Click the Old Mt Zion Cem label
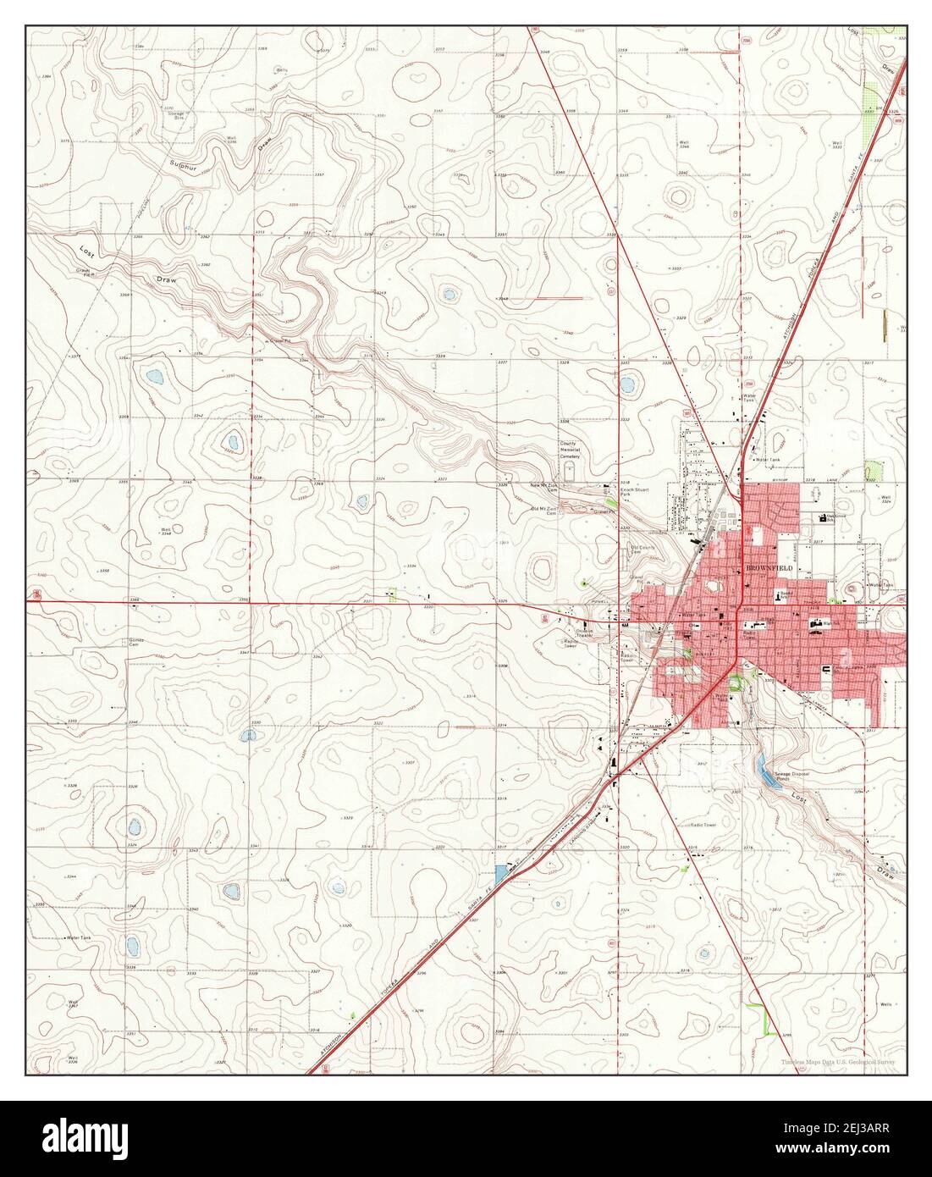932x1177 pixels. [543, 511]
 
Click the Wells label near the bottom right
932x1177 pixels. [885, 1004]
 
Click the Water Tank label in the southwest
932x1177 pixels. [82, 938]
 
